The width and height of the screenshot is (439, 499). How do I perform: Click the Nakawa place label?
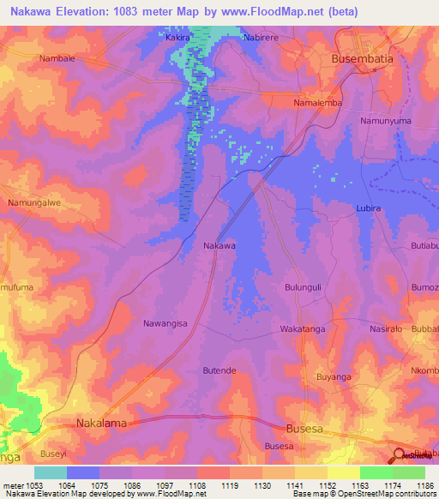pyautogui.click(x=219, y=246)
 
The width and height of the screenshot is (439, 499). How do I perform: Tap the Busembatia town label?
pyautogui.click(x=364, y=60)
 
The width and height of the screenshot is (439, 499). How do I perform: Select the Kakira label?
pyautogui.click(x=177, y=39)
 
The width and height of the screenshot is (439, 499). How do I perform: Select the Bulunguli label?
pyautogui.click(x=302, y=288)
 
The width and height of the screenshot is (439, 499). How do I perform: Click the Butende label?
pyautogui.click(x=219, y=370)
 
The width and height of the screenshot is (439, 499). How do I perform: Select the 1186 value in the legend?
pyautogui.click(x=424, y=486)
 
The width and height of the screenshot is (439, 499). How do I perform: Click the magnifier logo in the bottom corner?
pyautogui.click(x=400, y=455)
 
